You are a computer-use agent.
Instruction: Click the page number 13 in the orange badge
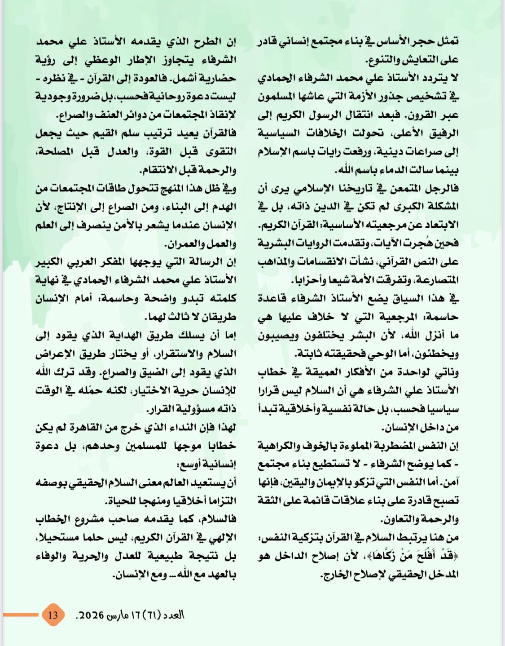coord(53,615)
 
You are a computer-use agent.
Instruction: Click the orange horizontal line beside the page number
coord(21,615)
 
